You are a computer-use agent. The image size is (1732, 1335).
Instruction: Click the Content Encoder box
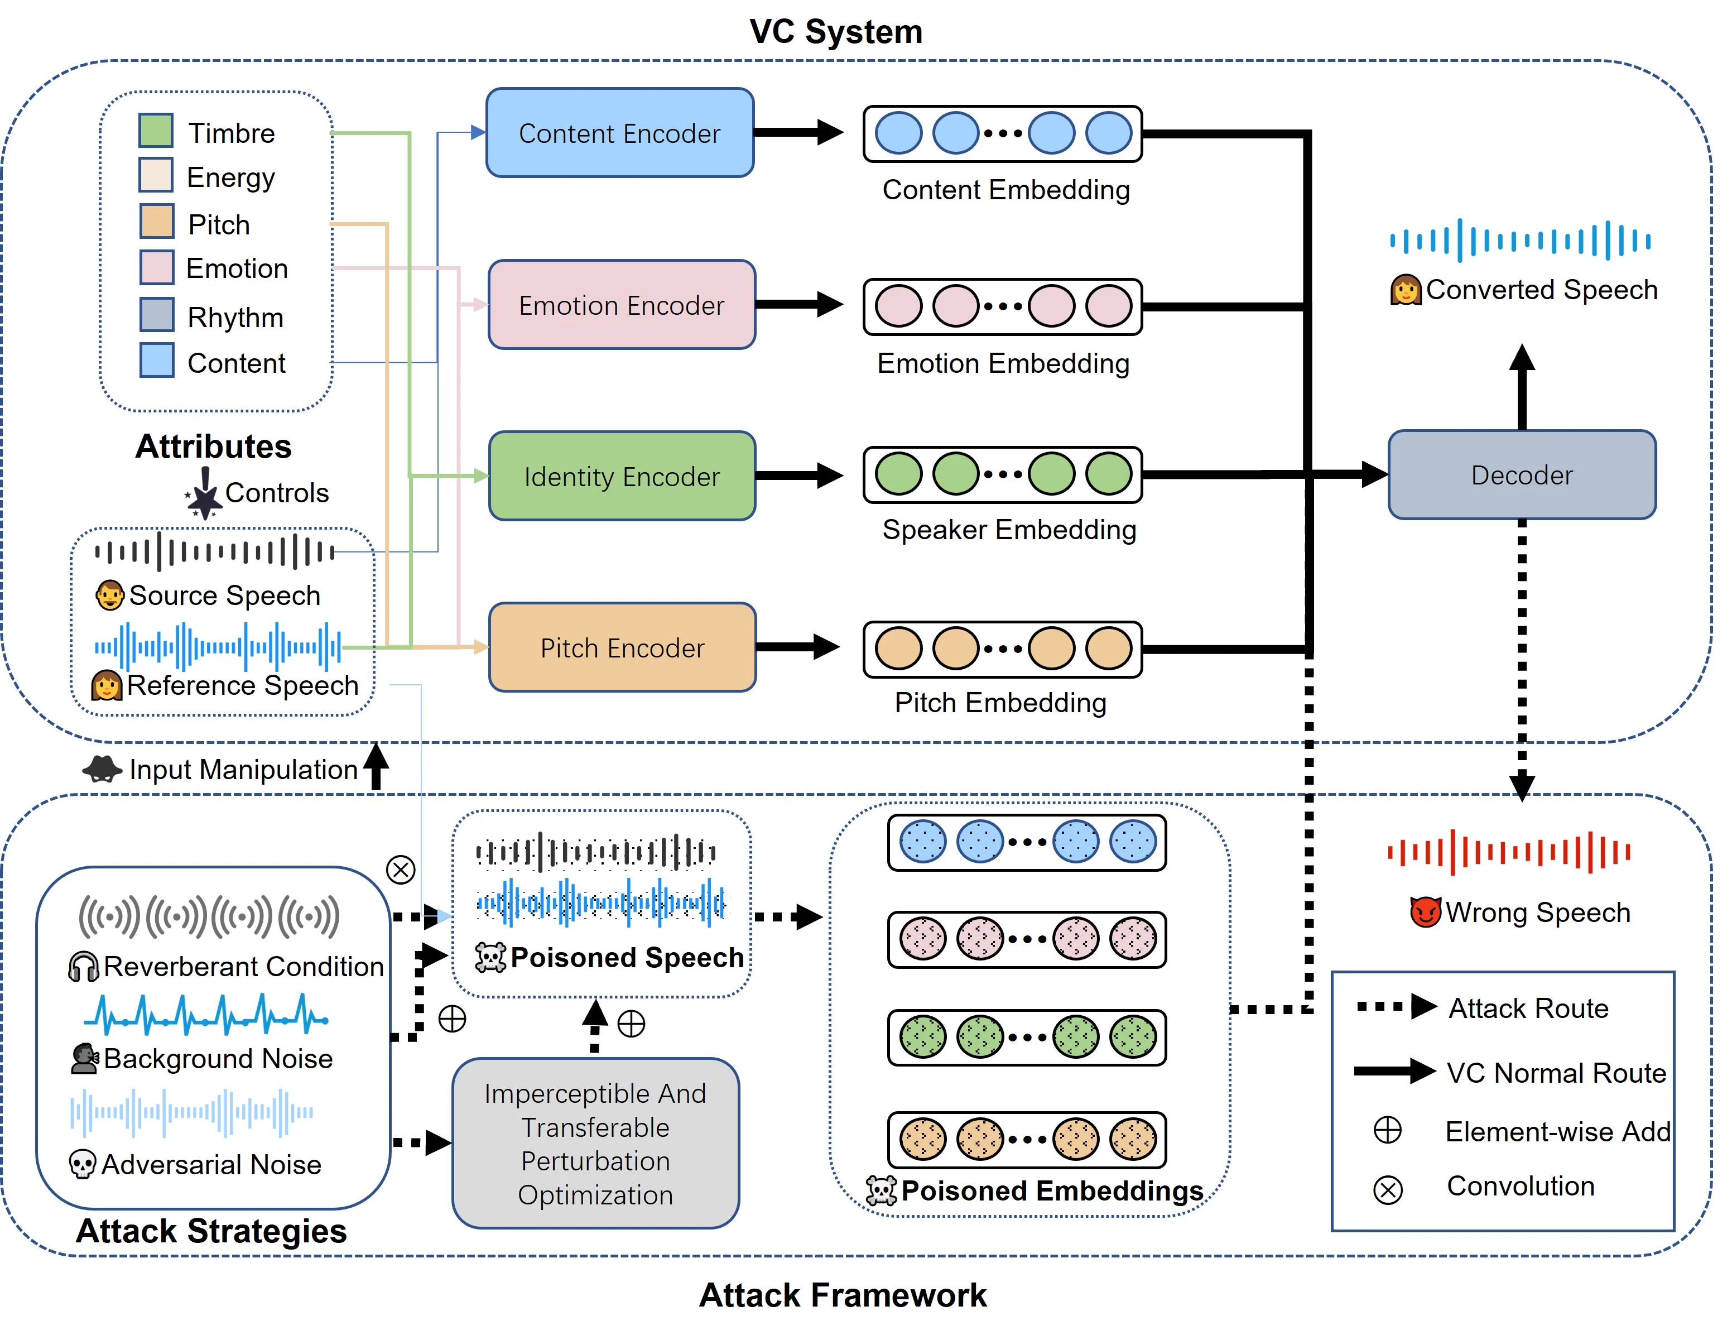click(x=619, y=132)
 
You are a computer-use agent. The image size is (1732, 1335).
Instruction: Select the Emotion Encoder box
click(x=621, y=305)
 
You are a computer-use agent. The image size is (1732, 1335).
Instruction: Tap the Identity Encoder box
click(x=621, y=476)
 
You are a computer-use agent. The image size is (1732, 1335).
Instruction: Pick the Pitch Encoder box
click(x=621, y=647)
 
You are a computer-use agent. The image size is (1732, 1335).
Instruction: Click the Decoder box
click(x=1521, y=474)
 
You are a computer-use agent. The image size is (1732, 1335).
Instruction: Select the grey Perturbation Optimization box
click(x=595, y=1143)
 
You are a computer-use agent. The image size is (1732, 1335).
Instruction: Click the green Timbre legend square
click(x=156, y=130)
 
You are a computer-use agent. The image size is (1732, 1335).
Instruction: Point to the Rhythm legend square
click(x=156, y=315)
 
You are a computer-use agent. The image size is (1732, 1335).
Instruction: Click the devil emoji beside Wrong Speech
click(x=1425, y=912)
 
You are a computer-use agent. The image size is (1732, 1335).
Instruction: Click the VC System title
click(x=836, y=32)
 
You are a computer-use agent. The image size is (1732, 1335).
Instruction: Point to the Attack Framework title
click(x=842, y=1295)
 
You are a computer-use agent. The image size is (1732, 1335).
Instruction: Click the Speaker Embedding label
click(x=1009, y=530)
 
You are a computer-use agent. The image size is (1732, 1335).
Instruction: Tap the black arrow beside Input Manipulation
click(x=376, y=766)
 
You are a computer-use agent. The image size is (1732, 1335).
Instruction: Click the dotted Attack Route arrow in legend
click(x=1396, y=1007)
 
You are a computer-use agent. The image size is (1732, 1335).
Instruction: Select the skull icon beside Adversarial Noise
click(x=83, y=1164)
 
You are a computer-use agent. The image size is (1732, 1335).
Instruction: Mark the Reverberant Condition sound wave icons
click(x=209, y=916)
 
